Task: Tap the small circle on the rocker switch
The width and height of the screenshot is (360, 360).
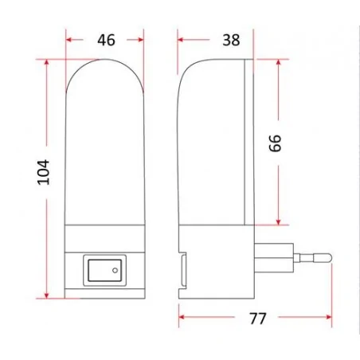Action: pos(116,272)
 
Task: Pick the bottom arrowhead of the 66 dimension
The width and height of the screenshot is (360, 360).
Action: pos(278,221)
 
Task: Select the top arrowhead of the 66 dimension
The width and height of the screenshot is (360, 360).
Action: pos(278,61)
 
